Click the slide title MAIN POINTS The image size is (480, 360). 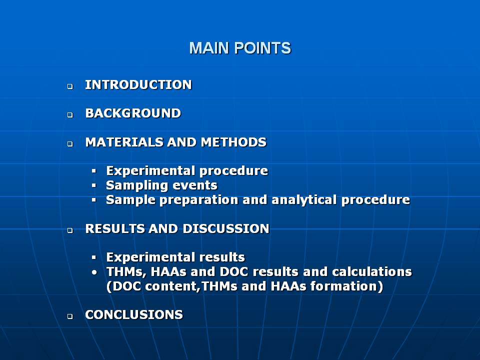(240, 48)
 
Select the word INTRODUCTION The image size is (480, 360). (138, 85)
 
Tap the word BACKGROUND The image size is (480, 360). (133, 113)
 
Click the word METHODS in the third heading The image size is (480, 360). (233, 142)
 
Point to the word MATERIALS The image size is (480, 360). (124, 142)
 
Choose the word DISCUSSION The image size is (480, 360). (226, 228)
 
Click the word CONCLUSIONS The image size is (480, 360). (134, 314)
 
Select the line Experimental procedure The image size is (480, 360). (187, 171)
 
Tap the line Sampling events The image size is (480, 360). (161, 185)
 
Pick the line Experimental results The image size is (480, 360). (175, 257)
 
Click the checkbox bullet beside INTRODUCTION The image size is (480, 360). (70, 86)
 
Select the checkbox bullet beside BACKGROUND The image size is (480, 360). (70, 115)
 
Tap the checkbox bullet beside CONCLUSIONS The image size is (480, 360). (70, 316)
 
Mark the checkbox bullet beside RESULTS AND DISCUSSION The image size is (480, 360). (70, 230)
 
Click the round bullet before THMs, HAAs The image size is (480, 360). (94, 272)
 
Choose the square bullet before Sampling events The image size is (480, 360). (93, 185)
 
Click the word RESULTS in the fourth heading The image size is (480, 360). (115, 228)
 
